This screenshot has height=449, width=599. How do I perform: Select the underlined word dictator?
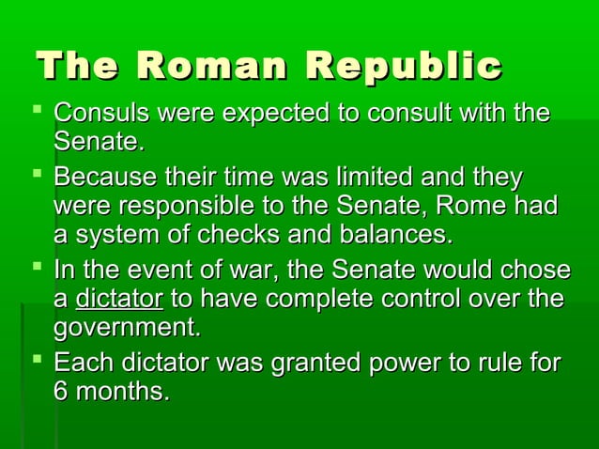[119, 300]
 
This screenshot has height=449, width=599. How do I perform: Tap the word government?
[127, 329]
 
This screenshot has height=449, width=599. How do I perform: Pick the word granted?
[315, 363]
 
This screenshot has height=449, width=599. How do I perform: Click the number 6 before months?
[61, 391]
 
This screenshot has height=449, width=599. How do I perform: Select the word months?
[123, 391]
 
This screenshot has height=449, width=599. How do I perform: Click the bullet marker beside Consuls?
[38, 115]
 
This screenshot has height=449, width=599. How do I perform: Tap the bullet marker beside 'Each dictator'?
[38, 362]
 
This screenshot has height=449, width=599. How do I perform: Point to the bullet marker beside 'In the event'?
[38, 271]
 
